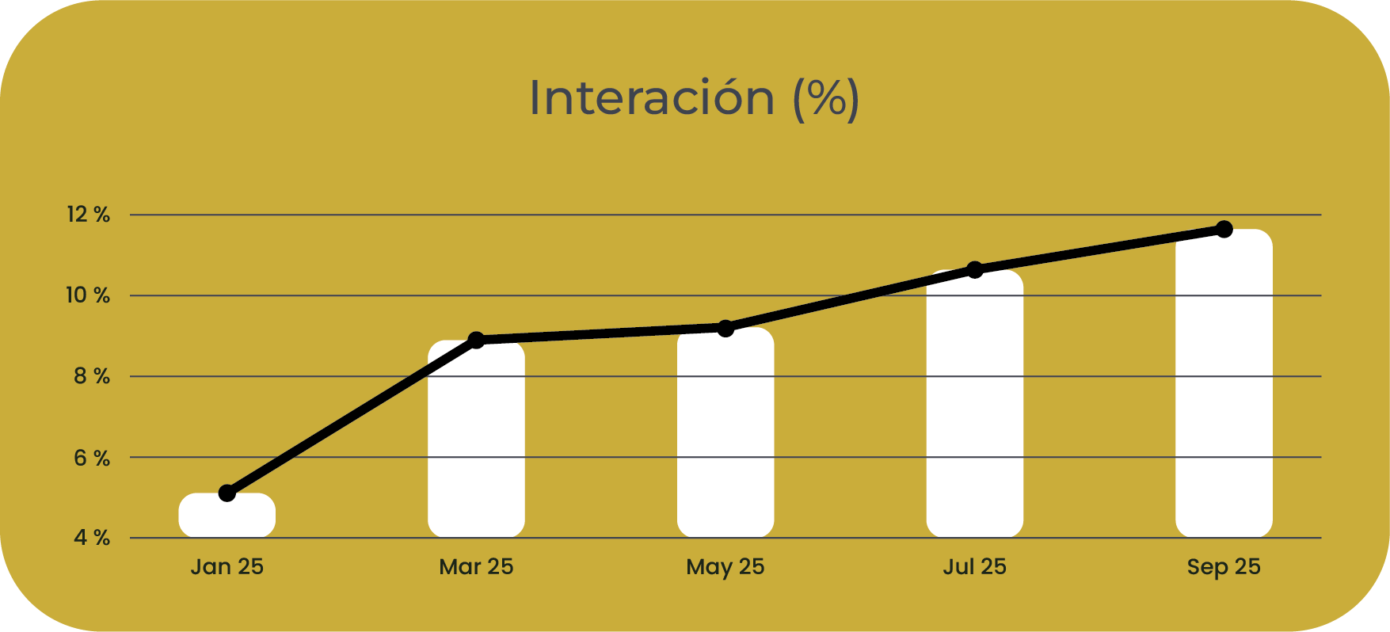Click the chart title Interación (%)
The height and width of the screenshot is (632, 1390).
[694, 98]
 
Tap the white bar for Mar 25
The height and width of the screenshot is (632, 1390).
[476, 440]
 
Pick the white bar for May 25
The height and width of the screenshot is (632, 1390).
[725, 433]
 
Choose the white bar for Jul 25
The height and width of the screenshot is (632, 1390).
[974, 404]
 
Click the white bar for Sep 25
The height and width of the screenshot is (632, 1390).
[1224, 384]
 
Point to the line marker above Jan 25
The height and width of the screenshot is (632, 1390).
[227, 493]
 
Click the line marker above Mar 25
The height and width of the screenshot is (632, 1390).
[476, 340]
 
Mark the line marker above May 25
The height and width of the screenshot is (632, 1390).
[725, 328]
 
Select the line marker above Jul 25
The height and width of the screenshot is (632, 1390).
[975, 270]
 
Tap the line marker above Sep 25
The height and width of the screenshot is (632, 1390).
[1224, 229]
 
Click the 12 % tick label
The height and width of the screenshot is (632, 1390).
[88, 215]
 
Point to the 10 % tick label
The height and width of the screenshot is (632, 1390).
[88, 295]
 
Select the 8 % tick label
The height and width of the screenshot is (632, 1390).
[92, 376]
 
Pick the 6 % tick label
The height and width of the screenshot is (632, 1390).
[92, 458]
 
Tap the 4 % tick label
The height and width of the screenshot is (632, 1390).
[92, 539]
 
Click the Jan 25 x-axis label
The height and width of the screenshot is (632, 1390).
[227, 567]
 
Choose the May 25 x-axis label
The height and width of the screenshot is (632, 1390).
[725, 567]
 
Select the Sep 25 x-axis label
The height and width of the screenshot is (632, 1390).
[1224, 567]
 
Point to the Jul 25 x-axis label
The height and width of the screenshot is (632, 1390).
[974, 567]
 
